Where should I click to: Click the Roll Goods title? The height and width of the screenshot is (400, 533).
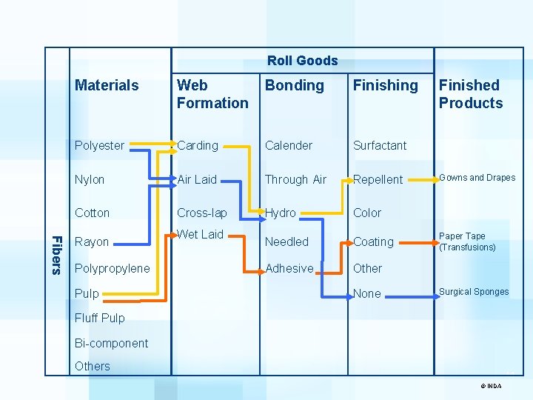[x=302, y=61]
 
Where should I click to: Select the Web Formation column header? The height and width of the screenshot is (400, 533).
[x=212, y=94]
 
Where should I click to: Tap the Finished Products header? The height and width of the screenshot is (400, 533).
[x=471, y=94]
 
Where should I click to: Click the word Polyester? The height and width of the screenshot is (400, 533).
[x=99, y=145]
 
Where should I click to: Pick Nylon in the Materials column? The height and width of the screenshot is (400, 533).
[x=90, y=179]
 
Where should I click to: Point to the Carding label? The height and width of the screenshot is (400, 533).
[x=198, y=145]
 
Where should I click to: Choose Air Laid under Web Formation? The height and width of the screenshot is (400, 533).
[x=197, y=179]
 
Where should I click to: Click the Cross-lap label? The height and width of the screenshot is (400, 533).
[x=202, y=213]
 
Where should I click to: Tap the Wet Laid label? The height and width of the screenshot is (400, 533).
[x=200, y=234]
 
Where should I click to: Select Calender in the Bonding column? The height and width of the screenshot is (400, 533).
[x=289, y=145]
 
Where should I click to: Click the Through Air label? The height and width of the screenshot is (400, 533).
[x=295, y=179]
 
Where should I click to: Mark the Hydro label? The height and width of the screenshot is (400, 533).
[x=281, y=213]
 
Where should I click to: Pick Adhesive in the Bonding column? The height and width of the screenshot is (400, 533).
[x=289, y=268]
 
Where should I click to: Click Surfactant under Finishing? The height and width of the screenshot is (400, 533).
[x=380, y=145]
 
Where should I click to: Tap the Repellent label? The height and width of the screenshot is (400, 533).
[x=378, y=179]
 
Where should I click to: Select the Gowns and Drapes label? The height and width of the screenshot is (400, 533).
[x=477, y=178]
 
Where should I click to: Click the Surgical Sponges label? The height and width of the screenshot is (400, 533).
[x=474, y=292]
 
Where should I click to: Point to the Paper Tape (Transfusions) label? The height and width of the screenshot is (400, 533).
[x=467, y=242]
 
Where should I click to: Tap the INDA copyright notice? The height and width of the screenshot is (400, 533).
[x=492, y=386]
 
